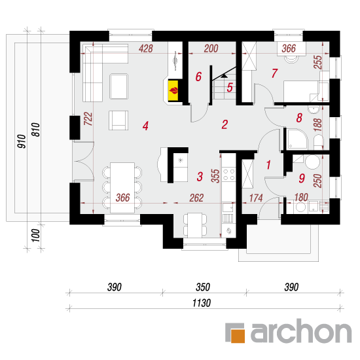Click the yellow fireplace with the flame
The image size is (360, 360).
[x=173, y=90]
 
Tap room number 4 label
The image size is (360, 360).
[x=145, y=126]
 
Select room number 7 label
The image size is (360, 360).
[x=275, y=73]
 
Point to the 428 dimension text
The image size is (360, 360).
[x=146, y=48]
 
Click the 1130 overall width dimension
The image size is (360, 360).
[x=202, y=303]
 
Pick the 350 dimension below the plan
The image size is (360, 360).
[x=203, y=287]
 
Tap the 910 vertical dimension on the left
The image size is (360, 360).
[x=22, y=141]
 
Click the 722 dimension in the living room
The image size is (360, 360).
[x=88, y=118]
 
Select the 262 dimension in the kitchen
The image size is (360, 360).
[x=196, y=198]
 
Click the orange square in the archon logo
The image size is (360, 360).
[x=238, y=336]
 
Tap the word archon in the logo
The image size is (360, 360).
[x=301, y=331]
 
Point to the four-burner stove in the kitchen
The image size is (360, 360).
[x=229, y=175]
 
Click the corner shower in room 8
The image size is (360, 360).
[x=297, y=139]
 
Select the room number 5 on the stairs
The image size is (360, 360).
[x=230, y=88]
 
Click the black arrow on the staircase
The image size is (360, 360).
[x=224, y=76]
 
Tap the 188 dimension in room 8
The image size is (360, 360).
[x=317, y=125]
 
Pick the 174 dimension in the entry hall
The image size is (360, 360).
[x=256, y=198]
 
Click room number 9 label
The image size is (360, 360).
[x=302, y=178]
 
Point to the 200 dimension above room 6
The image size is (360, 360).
[x=211, y=48]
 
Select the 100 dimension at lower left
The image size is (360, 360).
[x=35, y=236]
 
